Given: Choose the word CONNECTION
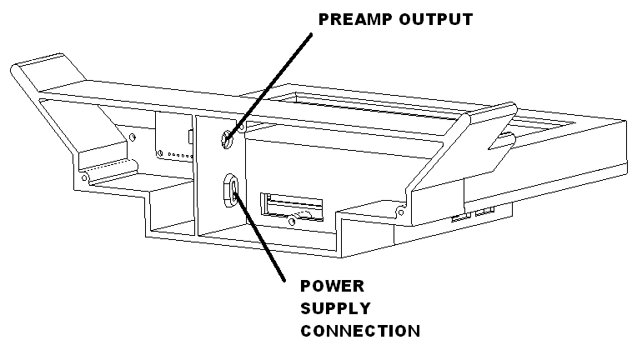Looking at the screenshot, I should (359, 331).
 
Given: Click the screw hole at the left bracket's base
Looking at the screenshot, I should (85, 177).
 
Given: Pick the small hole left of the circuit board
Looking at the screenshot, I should (133, 134).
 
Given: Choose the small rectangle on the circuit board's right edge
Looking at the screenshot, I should (192, 136).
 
